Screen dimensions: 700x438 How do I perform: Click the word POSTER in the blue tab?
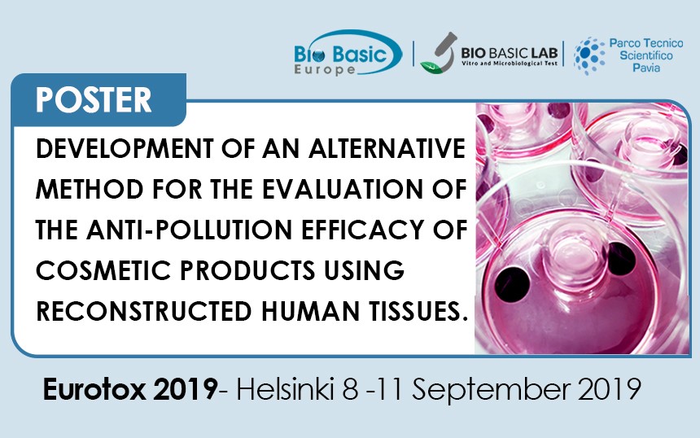click(94, 99)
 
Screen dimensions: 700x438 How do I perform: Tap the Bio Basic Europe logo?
click(348, 54)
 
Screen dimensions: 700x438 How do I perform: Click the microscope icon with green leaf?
click(439, 53)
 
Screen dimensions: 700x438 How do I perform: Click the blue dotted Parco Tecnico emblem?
click(589, 55)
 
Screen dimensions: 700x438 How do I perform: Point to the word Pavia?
click(646, 68)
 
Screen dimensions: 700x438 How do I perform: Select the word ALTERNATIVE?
click(387, 148)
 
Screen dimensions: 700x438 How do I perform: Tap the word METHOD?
click(90, 189)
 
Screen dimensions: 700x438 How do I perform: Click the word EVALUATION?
click(342, 189)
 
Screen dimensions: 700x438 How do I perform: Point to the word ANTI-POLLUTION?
click(190, 230)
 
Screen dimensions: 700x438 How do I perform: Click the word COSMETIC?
click(103, 270)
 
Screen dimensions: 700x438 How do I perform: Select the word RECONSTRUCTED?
click(144, 311)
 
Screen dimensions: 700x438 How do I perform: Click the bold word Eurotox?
click(94, 389)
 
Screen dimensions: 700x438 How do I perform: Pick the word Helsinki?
click(285, 389)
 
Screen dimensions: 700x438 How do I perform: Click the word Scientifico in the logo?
click(646, 55)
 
